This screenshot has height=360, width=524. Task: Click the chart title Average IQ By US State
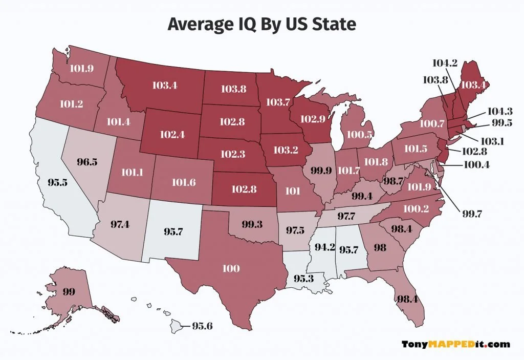click(261, 24)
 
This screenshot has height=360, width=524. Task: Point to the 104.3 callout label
click(500, 111)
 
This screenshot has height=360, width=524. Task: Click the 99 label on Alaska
click(69, 292)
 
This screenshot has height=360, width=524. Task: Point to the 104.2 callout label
click(445, 63)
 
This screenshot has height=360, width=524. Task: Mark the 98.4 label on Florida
click(407, 299)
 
